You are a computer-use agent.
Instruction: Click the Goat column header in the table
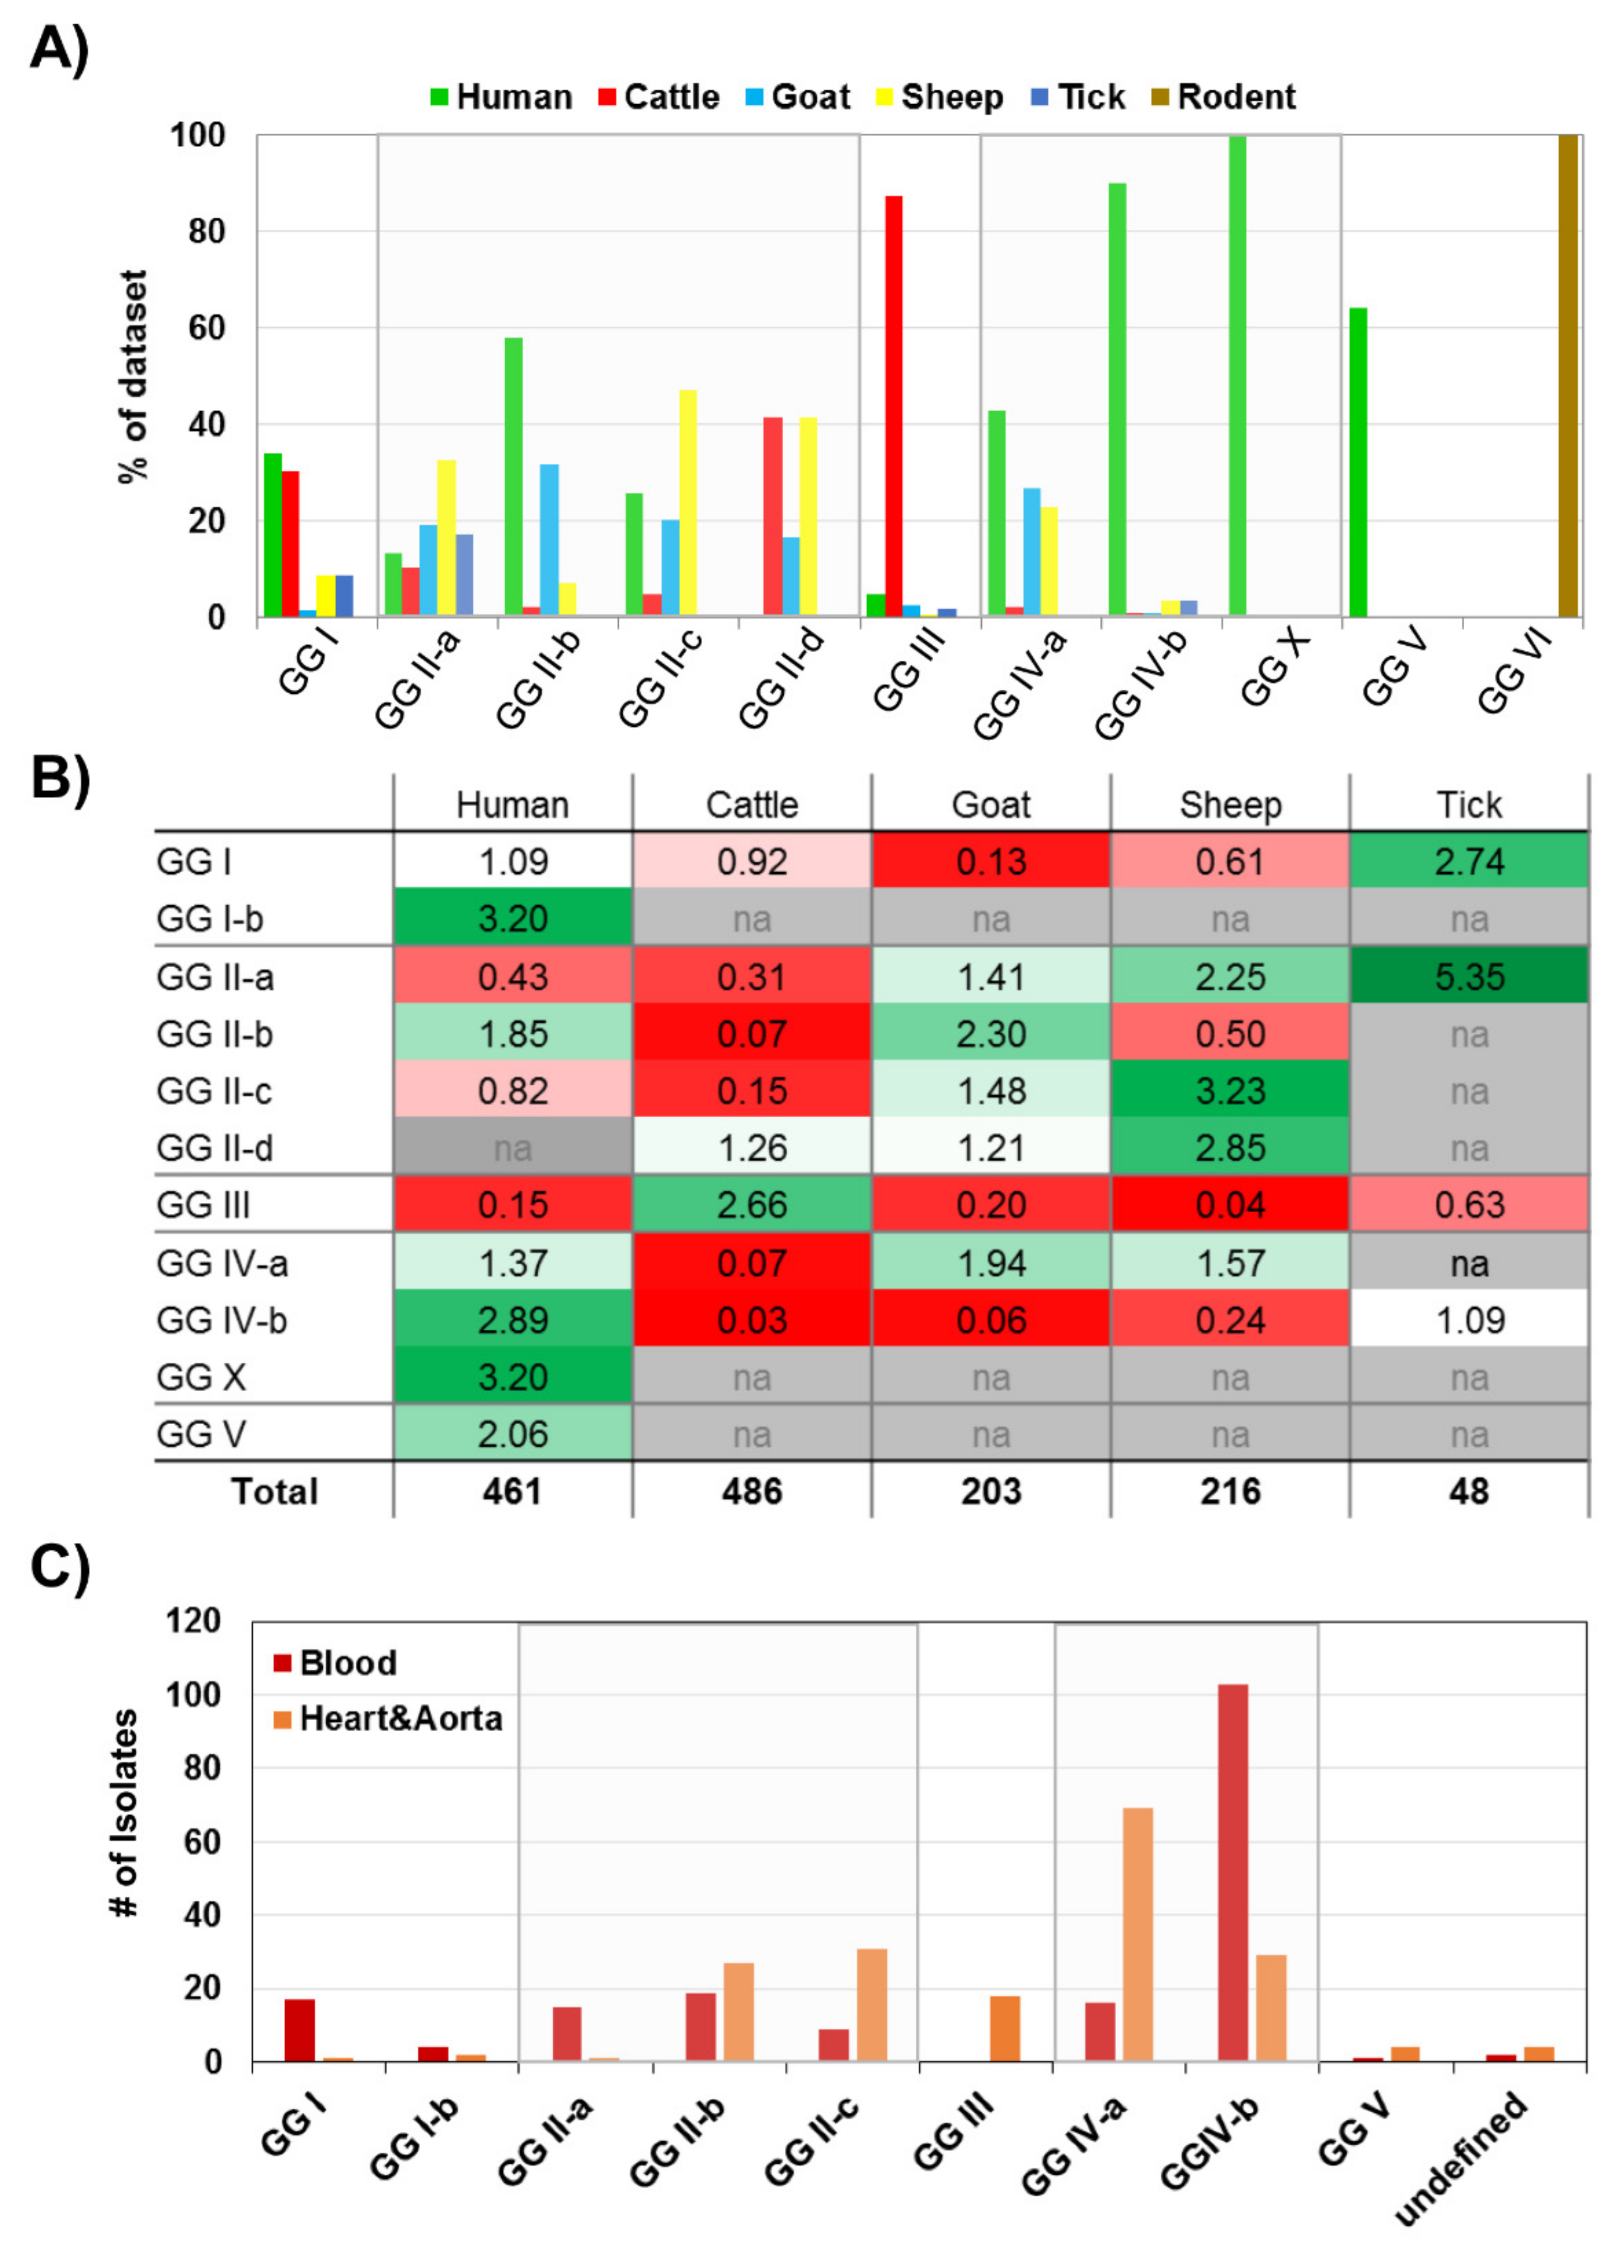(990, 804)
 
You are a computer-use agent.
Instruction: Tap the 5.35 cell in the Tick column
(1468, 977)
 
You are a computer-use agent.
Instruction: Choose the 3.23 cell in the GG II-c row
(1229, 1091)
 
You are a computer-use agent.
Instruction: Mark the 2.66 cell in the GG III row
(752, 1205)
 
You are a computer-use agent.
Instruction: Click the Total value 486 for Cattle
(752, 1491)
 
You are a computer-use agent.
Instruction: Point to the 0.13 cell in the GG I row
(990, 862)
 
